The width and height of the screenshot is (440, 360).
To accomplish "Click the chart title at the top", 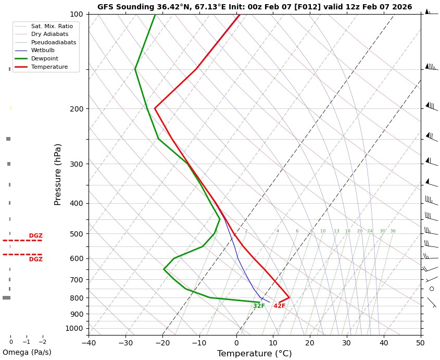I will (x=254, y=7).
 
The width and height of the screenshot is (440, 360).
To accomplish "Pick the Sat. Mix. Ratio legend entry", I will (x=52, y=26).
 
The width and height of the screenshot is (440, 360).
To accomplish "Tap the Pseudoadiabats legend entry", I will (x=53, y=42).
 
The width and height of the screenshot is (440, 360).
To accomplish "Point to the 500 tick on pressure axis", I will (x=77, y=234).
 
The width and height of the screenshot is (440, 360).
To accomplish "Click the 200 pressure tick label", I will (x=77, y=109).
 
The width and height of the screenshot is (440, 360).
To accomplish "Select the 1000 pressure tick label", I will (x=75, y=328).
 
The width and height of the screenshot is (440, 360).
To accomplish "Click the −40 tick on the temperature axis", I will (x=89, y=343).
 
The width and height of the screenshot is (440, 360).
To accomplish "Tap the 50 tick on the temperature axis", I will (x=420, y=343).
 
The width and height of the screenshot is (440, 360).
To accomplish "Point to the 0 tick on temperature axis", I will (x=236, y=343).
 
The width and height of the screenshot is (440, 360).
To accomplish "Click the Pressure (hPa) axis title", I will (x=58, y=174).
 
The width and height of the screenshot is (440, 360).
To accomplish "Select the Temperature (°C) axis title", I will (x=254, y=354).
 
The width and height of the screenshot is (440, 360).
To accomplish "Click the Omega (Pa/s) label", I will (x=27, y=352).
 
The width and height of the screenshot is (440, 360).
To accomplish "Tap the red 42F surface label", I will (x=279, y=306).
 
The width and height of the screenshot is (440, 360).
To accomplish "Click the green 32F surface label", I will (x=259, y=306).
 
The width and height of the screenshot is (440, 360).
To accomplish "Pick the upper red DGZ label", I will (x=36, y=236).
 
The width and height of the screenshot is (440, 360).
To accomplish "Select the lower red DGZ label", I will (x=36, y=259).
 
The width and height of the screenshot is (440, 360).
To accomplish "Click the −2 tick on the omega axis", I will (x=43, y=342).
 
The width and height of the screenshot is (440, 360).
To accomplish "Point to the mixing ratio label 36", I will (x=393, y=231).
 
